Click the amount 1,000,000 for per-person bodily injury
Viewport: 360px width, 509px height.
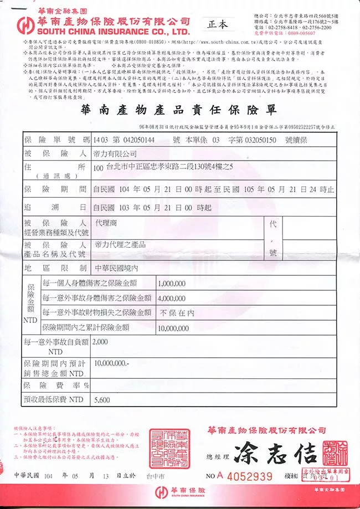tap(172, 283)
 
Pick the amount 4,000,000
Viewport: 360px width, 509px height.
tap(172, 298)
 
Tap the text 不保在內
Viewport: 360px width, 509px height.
tap(177, 312)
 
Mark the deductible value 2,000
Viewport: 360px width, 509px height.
tap(101, 342)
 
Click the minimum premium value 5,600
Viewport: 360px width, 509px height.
tap(102, 399)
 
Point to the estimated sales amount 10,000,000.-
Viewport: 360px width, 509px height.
tap(112, 364)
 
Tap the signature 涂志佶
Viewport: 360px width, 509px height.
tap(275, 454)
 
